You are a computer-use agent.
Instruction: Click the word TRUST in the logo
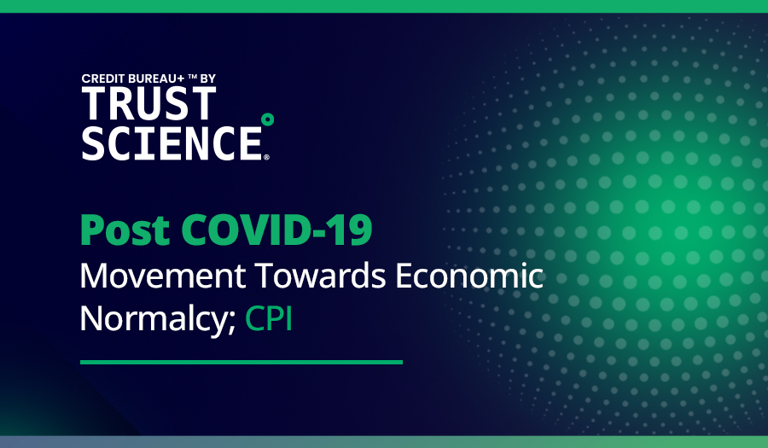point(148,103)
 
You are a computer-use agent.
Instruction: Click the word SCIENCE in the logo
point(171,142)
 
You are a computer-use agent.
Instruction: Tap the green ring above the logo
point(267,119)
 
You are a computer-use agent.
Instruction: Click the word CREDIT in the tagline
point(102,79)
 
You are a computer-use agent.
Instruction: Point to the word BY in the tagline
point(207,79)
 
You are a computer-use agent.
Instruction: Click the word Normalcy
point(153,317)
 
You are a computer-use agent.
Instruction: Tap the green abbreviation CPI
point(269,317)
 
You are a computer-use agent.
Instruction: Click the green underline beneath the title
point(241,362)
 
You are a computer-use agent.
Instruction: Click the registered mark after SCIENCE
point(266,157)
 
